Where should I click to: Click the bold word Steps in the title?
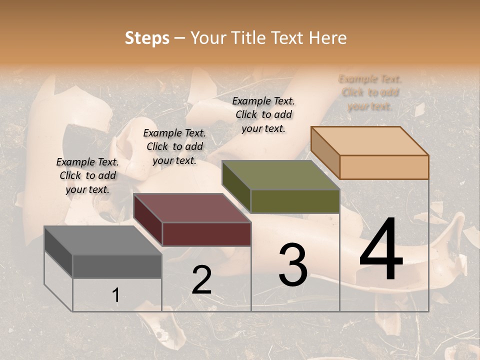(x=147, y=38)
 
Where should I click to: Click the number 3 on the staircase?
(x=292, y=265)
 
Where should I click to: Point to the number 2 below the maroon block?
(x=201, y=280)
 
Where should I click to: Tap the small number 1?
(x=116, y=295)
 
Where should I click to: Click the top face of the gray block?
(x=103, y=240)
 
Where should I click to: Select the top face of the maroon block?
(x=192, y=208)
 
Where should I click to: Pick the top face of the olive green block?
(x=280, y=175)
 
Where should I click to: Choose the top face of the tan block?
(x=369, y=141)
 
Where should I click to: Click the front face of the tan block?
(x=384, y=167)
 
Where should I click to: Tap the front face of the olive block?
(x=295, y=201)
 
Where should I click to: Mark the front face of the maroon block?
(x=206, y=234)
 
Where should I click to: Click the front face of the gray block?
(x=117, y=266)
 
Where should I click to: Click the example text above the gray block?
(x=87, y=175)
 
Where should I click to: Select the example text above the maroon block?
(x=174, y=146)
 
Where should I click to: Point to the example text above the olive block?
(x=263, y=114)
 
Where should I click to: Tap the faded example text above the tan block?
(x=370, y=92)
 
